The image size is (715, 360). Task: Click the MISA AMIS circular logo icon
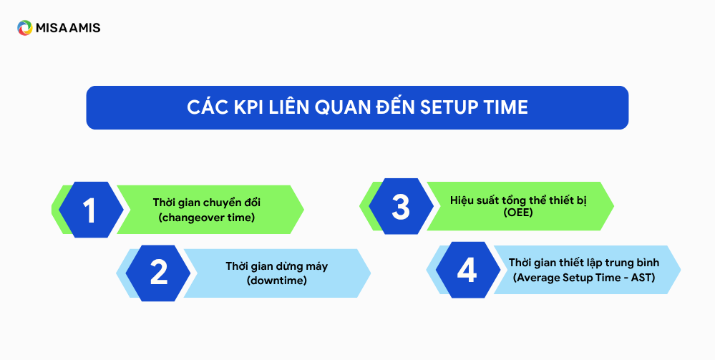[24, 28]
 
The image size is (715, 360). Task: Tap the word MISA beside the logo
[51, 28]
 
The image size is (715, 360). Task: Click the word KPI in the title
[248, 107]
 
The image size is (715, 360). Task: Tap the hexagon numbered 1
[91, 210]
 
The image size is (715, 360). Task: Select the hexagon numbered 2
[158, 273]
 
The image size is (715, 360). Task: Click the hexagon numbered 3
[401, 206]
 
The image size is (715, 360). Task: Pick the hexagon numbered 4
[468, 270]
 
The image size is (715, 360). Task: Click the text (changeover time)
[207, 218]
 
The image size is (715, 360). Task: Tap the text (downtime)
[277, 280]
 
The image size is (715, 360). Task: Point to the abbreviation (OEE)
[518, 212]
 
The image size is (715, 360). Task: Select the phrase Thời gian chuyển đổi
[207, 203]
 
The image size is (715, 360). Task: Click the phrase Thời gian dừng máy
[277, 266]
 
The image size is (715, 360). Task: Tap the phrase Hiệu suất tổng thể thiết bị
[518, 200]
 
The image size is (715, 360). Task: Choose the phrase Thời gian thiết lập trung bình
[584, 263]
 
